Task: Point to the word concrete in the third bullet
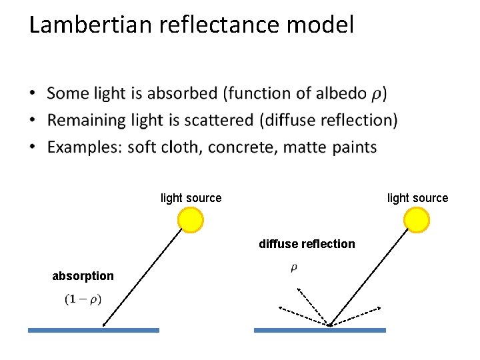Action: [x=242, y=147]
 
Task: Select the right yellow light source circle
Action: [x=417, y=220]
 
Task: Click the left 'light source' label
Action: [x=191, y=198]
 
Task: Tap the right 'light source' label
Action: [x=417, y=198]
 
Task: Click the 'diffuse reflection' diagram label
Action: [x=307, y=244]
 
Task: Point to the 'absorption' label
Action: [x=83, y=276]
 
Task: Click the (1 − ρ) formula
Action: [x=83, y=299]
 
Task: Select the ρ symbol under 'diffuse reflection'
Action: [x=294, y=268]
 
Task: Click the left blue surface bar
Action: [x=93, y=329]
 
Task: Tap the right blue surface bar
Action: [x=320, y=329]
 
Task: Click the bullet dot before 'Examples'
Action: [x=33, y=147]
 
